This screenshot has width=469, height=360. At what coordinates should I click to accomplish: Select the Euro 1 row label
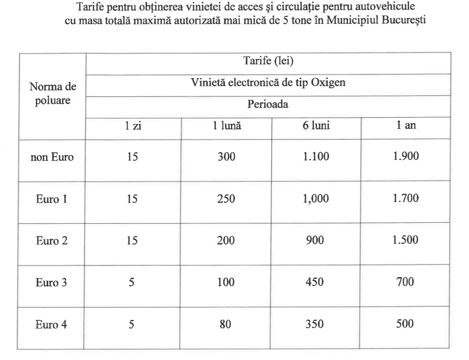pos(51,199)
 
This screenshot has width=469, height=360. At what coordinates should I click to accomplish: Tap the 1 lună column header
pos(226,125)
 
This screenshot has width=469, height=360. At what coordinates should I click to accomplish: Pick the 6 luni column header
pos(316,125)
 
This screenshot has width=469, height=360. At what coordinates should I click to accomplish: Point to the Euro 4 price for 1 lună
pos(226,324)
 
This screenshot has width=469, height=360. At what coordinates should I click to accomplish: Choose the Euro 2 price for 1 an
pos(406,240)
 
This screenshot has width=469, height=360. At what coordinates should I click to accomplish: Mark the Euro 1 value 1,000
pos(316,199)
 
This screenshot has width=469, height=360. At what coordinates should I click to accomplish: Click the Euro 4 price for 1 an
pos(405,324)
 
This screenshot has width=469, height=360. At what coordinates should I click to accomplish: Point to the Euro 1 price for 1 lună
pos(226,199)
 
